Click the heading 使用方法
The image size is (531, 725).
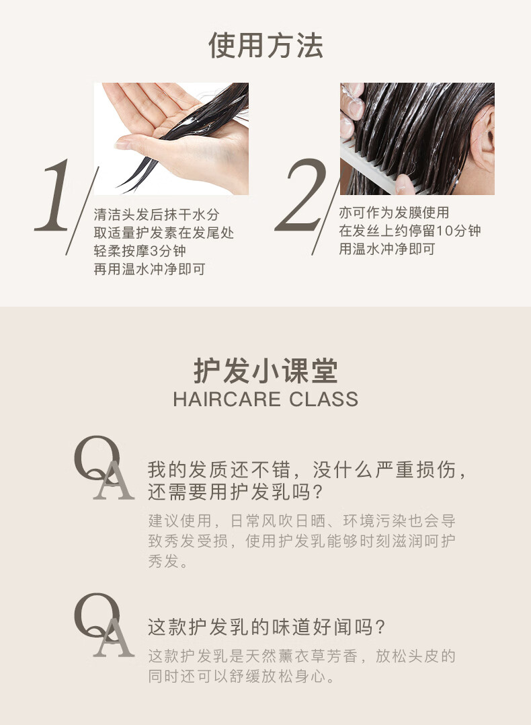(265, 46)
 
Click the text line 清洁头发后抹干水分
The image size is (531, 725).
(157, 215)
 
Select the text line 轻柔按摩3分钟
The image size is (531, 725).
(140, 251)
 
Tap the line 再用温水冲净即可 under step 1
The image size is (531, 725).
(149, 269)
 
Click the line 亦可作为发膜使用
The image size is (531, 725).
(394, 213)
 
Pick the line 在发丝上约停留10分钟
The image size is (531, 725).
(410, 231)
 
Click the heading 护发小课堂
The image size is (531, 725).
(265, 371)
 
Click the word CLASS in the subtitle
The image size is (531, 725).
(324, 399)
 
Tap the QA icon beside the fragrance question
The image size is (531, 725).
(104, 625)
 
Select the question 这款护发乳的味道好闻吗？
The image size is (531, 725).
(267, 627)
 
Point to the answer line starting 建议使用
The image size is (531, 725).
(302, 521)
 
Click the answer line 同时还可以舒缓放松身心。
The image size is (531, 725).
(241, 677)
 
